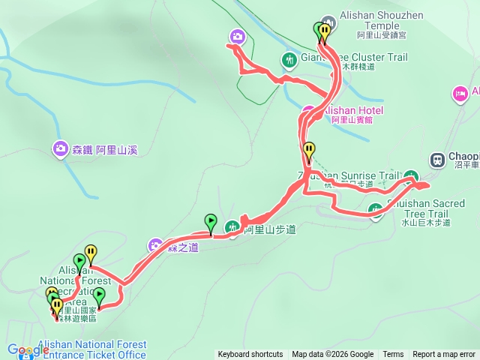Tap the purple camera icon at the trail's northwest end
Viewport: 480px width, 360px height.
(x=237, y=36)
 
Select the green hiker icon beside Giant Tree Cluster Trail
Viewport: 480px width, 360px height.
(x=289, y=58)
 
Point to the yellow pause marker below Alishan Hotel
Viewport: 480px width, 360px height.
(x=308, y=150)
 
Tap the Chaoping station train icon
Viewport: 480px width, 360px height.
(x=436, y=159)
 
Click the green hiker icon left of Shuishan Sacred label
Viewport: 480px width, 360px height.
(x=377, y=210)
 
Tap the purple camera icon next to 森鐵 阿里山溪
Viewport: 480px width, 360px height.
(x=59, y=149)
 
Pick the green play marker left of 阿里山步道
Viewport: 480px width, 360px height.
(x=211, y=221)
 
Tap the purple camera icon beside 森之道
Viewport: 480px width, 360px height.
(x=155, y=244)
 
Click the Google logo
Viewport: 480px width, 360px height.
(x=28, y=349)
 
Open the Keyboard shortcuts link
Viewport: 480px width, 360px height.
(x=250, y=355)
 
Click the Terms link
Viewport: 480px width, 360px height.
(x=393, y=355)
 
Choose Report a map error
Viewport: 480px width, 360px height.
(x=445, y=355)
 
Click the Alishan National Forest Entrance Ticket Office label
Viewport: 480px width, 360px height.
(x=90, y=349)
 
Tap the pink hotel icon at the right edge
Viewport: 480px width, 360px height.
(x=459, y=93)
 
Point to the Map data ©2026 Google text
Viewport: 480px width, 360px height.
(x=333, y=355)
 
